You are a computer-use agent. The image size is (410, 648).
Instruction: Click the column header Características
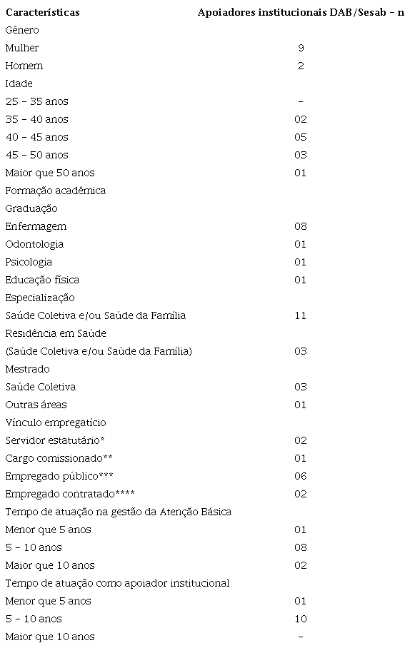click(x=42, y=12)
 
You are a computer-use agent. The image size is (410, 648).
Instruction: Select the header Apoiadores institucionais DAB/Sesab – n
click(x=301, y=12)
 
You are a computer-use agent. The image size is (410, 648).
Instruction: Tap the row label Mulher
click(x=22, y=48)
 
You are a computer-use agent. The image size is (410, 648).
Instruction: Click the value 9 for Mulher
click(x=301, y=48)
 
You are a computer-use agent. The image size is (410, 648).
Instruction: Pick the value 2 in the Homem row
click(x=301, y=66)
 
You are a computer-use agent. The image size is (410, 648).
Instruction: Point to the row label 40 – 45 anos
click(x=36, y=137)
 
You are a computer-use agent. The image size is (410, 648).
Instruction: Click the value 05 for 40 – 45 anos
click(x=301, y=137)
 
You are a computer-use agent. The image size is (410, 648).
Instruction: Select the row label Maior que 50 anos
click(x=50, y=173)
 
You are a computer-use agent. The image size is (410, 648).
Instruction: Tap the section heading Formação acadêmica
click(x=55, y=191)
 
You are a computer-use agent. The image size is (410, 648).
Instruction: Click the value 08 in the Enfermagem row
click(x=301, y=226)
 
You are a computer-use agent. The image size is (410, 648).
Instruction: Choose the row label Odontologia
click(x=34, y=244)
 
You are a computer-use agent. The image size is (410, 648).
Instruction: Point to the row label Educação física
click(x=42, y=280)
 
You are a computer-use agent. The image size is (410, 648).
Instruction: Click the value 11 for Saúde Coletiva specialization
click(x=301, y=315)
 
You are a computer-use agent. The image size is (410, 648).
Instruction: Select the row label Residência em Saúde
click(x=56, y=333)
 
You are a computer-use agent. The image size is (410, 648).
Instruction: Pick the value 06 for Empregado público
click(x=301, y=476)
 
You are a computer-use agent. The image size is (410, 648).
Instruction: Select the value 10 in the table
click(x=301, y=619)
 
